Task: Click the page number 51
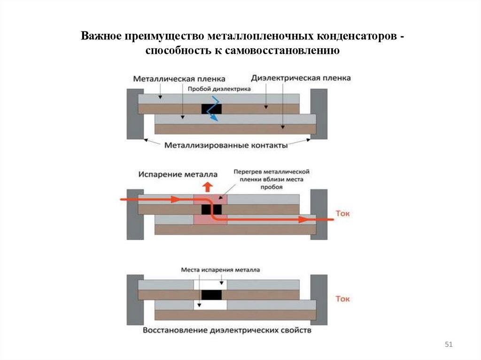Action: click(448, 345)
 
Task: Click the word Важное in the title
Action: click(101, 36)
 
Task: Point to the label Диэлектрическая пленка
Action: click(301, 78)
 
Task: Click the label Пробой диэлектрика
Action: click(219, 88)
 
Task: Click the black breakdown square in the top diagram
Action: click(211, 108)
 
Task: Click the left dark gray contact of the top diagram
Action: click(135, 114)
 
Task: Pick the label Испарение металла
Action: click(171, 174)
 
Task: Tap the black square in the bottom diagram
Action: click(210, 295)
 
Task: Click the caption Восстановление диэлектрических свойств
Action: click(227, 331)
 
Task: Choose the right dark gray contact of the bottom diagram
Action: click(319, 299)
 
